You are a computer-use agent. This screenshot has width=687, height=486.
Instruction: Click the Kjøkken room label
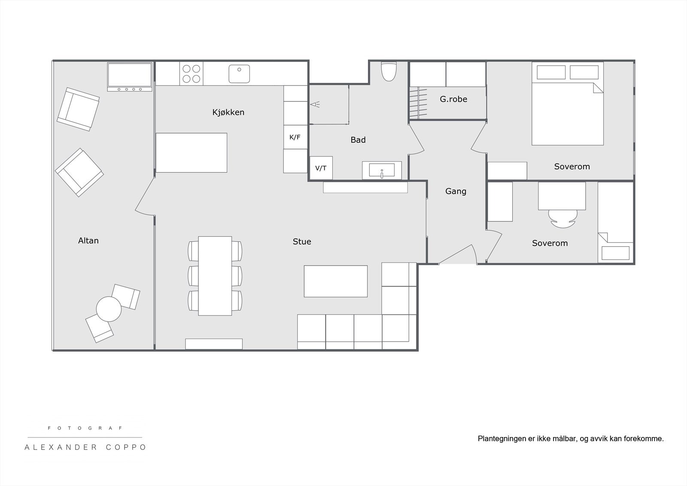[x=228, y=112]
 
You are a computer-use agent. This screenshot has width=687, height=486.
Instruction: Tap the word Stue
[x=302, y=241]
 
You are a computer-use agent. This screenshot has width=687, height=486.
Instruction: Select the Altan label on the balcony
[x=88, y=241]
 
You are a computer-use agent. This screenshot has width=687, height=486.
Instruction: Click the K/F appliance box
[x=295, y=137]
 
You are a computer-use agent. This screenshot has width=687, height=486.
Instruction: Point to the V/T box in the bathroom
[x=321, y=168]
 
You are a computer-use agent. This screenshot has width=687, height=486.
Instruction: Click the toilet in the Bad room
[x=389, y=71]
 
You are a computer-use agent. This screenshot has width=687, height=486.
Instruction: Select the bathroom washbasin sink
[x=382, y=170]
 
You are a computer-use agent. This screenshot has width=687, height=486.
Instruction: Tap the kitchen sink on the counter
[x=239, y=74]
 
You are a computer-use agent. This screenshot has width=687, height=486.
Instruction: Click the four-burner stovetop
[x=192, y=73]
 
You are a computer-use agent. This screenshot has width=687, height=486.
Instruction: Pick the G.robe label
[x=453, y=99]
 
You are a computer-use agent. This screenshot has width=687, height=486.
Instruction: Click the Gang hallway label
[x=456, y=191]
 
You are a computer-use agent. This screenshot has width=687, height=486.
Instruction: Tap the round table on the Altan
[x=109, y=309]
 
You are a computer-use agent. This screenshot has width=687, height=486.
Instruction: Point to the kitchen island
[x=192, y=153]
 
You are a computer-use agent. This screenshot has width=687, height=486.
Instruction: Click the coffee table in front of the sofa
[x=335, y=281]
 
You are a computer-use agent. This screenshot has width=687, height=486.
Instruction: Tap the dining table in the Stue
[x=215, y=276]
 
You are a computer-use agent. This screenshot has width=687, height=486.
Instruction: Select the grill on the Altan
[x=130, y=76]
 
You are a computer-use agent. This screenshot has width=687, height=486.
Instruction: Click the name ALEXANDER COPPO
[x=85, y=447]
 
